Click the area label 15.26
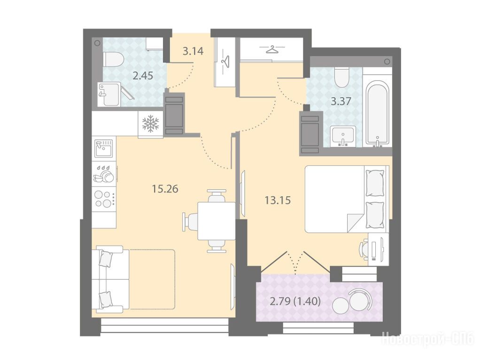165,189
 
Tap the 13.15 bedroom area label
278,200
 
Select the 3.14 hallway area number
193,51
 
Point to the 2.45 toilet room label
143,76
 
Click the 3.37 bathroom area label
341,101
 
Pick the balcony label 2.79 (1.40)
295,302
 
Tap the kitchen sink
103,148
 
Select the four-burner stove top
103,199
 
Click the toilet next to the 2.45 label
113,59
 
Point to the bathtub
377,114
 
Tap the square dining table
216,221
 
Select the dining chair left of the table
190,221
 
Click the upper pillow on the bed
374,183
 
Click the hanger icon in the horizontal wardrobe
272,49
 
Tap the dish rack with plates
104,174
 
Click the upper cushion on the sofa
105,259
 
